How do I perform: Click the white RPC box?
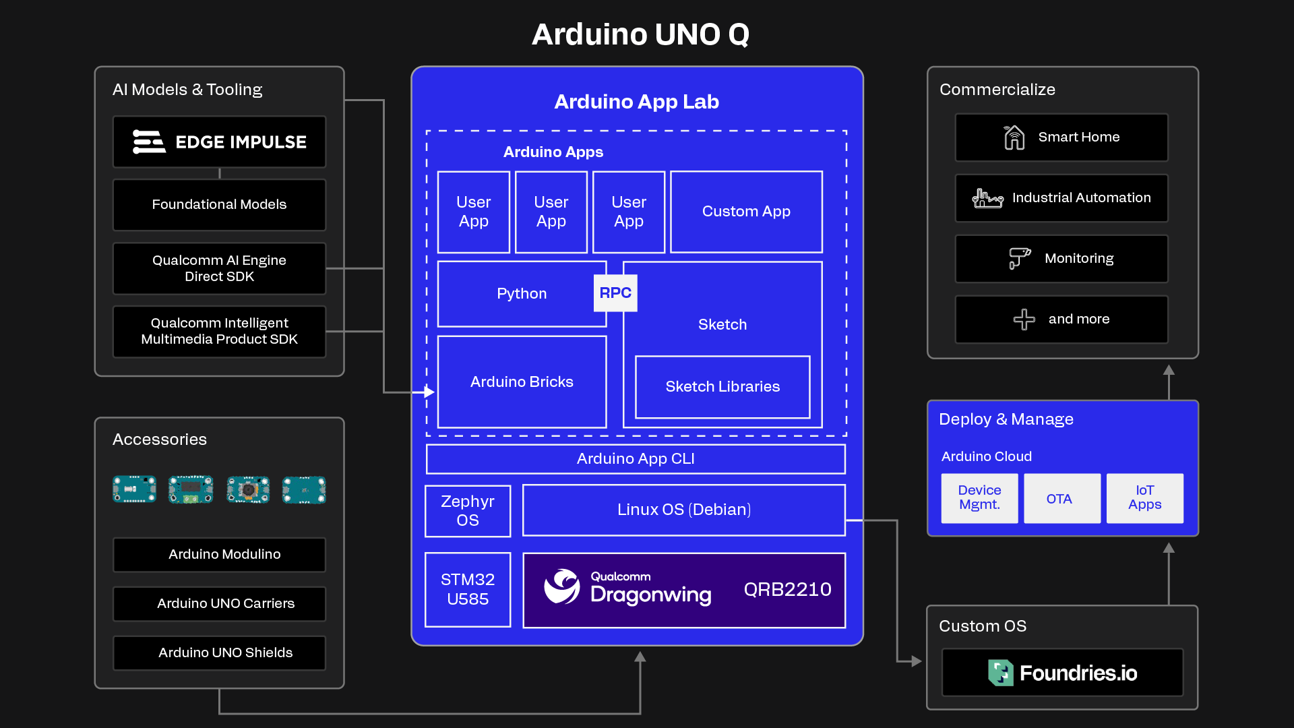tap(615, 293)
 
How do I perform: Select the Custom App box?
tap(745, 212)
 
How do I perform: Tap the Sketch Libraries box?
tap(722, 386)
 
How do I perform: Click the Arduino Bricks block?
tap(522, 382)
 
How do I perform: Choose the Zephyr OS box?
tap(467, 511)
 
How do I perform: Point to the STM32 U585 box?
tap(467, 589)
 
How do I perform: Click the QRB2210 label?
tap(787, 589)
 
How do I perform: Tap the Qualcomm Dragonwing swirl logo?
tap(561, 586)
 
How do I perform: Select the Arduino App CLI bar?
tap(635, 458)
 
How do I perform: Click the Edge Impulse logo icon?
tap(148, 142)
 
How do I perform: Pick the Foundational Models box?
tap(219, 204)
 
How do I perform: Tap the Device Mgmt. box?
tap(979, 498)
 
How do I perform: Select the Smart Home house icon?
tap(1014, 138)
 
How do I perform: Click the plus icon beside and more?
tap(1024, 319)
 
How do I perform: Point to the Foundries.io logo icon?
tap(1000, 672)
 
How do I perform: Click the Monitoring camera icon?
tap(1019, 258)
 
